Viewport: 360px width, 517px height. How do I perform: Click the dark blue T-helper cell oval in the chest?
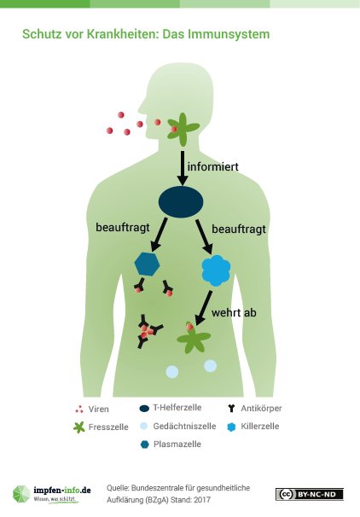pyautogui.click(x=181, y=202)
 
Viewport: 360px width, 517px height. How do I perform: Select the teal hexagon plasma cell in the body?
pyautogui.click(x=147, y=264)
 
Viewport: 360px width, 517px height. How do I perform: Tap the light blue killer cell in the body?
pyautogui.click(x=216, y=270)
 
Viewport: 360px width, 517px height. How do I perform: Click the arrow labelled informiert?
pyautogui.click(x=183, y=168)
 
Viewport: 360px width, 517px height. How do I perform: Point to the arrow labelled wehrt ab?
pyautogui.click(x=203, y=308)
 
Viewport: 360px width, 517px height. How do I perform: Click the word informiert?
pyautogui.click(x=212, y=167)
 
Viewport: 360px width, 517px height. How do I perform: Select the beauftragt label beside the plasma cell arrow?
pyautogui.click(x=123, y=228)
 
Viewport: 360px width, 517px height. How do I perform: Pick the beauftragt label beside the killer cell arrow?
pyautogui.click(x=239, y=229)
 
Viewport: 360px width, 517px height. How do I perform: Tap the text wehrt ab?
pyautogui.click(x=234, y=312)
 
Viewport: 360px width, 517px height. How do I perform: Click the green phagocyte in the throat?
pyautogui.click(x=183, y=130)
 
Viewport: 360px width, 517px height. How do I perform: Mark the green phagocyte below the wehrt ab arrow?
pyautogui.click(x=194, y=338)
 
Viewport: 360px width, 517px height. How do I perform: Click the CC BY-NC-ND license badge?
pyautogui.click(x=310, y=494)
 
